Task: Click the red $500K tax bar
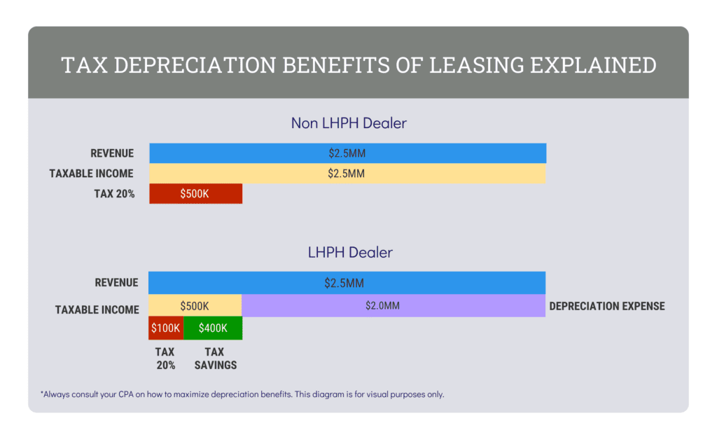(x=195, y=194)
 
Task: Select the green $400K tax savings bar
(x=213, y=328)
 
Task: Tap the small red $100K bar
(x=166, y=328)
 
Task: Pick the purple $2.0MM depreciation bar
(x=393, y=305)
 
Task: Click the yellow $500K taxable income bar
(x=195, y=305)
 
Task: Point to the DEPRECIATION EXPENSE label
(x=607, y=306)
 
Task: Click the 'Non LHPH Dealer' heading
(x=349, y=123)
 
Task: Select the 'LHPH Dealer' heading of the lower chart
(x=350, y=252)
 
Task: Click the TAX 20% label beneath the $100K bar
(x=165, y=358)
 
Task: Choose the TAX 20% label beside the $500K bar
(x=113, y=194)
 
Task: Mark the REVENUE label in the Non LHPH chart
(x=112, y=153)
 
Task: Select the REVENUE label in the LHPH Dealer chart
(x=116, y=283)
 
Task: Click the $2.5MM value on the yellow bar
(x=347, y=174)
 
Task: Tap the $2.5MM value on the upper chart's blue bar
(x=347, y=153)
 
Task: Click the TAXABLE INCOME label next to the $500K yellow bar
(x=97, y=309)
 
